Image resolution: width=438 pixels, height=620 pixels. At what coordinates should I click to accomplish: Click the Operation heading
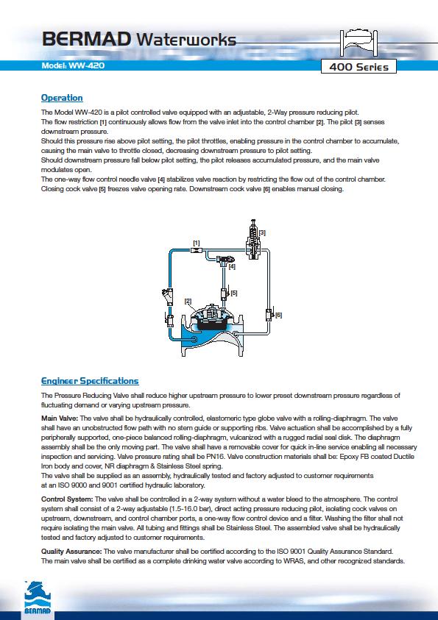(x=62, y=98)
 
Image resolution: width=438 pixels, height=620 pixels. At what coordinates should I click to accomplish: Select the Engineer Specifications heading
(x=90, y=381)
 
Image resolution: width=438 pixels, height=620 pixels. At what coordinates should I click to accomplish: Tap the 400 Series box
(x=358, y=67)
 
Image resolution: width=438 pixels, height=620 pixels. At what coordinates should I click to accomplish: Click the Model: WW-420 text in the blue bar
(x=73, y=65)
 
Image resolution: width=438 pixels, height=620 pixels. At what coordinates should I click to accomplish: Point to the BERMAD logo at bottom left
(x=38, y=598)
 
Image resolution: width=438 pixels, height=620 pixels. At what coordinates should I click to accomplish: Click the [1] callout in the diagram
(x=197, y=243)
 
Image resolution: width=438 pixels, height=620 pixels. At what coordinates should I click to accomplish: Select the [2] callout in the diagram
(x=188, y=302)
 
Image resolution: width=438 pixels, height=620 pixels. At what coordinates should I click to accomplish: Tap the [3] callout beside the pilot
(x=262, y=233)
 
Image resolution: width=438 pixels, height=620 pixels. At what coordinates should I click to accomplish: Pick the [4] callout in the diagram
(x=232, y=267)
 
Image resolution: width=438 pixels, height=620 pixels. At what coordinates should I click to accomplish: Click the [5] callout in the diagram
(x=234, y=293)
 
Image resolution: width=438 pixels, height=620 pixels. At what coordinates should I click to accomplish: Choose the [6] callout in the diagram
(x=278, y=315)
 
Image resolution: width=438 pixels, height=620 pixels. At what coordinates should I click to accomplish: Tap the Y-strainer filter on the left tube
(x=167, y=296)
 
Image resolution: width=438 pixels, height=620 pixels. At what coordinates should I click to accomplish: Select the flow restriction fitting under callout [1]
(x=197, y=250)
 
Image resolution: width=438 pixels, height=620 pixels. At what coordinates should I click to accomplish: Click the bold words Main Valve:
(x=60, y=418)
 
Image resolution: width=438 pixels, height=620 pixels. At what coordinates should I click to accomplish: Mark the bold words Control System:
(x=67, y=499)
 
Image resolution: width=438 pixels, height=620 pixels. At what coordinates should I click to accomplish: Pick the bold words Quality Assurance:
(x=71, y=551)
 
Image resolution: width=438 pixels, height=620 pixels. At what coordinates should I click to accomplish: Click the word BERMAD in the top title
(x=87, y=39)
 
